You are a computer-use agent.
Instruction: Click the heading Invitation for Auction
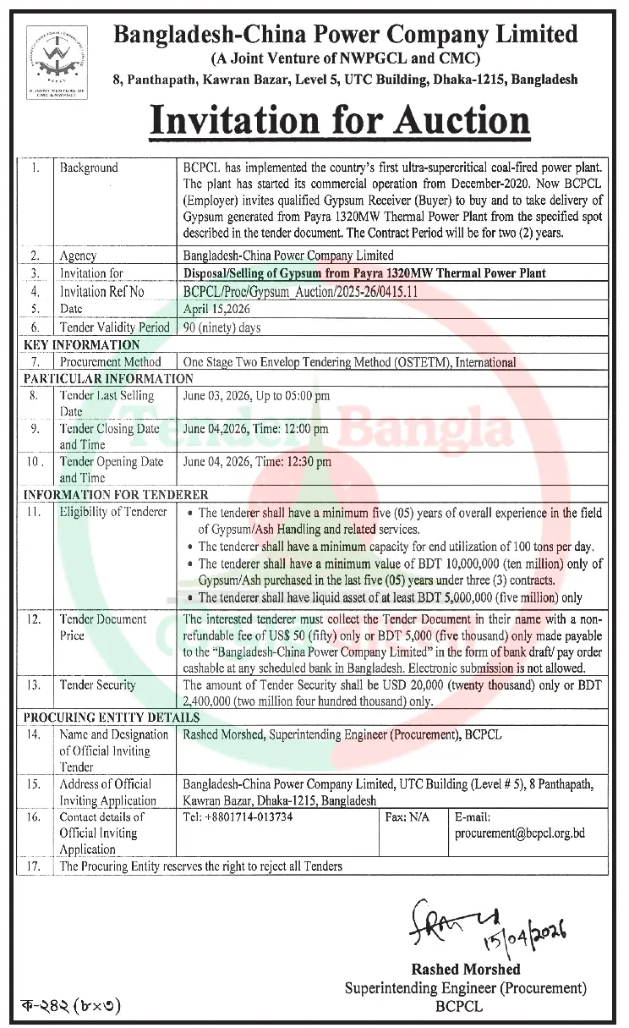(x=340, y=120)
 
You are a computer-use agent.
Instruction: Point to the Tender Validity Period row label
(x=114, y=327)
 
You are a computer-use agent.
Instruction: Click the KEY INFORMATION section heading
(x=82, y=344)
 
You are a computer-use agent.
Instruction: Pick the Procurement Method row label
(x=110, y=361)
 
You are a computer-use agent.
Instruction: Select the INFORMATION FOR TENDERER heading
(x=116, y=494)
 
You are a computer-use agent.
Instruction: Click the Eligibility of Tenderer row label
(x=113, y=512)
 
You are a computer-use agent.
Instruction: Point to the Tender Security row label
(x=97, y=684)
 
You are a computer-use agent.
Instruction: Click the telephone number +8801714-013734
(x=238, y=817)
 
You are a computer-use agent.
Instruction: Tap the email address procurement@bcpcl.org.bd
(x=519, y=833)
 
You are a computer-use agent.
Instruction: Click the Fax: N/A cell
(x=407, y=817)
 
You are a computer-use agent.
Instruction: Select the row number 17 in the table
(x=35, y=866)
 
